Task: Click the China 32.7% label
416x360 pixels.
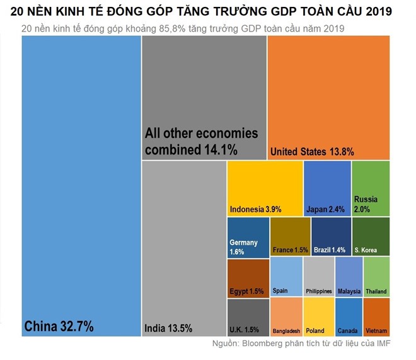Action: pos(59,326)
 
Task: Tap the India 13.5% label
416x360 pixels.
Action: pos(168,328)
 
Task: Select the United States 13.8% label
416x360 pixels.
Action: pos(311,151)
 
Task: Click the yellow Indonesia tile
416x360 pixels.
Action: pos(265,189)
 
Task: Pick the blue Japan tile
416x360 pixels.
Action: pos(327,189)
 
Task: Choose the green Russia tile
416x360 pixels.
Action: pos(371,189)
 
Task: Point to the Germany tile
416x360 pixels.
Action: pos(248,237)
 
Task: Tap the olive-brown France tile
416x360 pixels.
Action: pos(290,237)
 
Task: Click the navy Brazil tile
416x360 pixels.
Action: pos(331,237)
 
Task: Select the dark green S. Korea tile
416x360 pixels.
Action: pos(371,237)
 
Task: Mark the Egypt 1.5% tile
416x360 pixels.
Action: pos(248,278)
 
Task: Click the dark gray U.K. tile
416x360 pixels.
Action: pos(248,317)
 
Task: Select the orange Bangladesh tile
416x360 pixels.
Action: pos(286,317)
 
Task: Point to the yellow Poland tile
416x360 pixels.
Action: pos(319,317)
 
